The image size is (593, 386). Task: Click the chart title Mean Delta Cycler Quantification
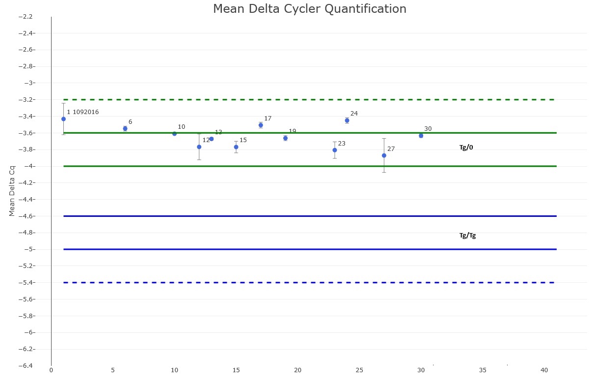tap(309, 9)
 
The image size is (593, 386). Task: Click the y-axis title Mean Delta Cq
tap(12, 190)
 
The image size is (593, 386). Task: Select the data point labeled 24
tap(347, 120)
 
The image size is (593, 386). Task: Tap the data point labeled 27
tap(384, 155)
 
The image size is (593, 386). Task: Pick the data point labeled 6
tap(125, 128)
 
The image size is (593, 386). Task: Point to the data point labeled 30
tap(421, 136)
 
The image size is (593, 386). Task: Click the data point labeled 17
tap(261, 125)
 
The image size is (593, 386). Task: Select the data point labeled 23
tap(335, 150)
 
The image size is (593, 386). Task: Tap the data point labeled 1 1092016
tap(63, 119)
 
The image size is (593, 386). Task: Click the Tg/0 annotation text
tap(466, 148)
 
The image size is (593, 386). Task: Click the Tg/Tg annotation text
tap(467, 236)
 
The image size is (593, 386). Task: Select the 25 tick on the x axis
tap(359, 370)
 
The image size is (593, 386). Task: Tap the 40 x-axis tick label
tap(544, 370)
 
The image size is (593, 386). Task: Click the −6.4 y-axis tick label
tap(26, 366)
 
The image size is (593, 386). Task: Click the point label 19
tap(292, 131)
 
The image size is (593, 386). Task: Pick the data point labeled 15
tap(236, 147)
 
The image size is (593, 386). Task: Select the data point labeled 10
tap(174, 134)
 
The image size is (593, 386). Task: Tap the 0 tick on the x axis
tap(51, 370)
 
